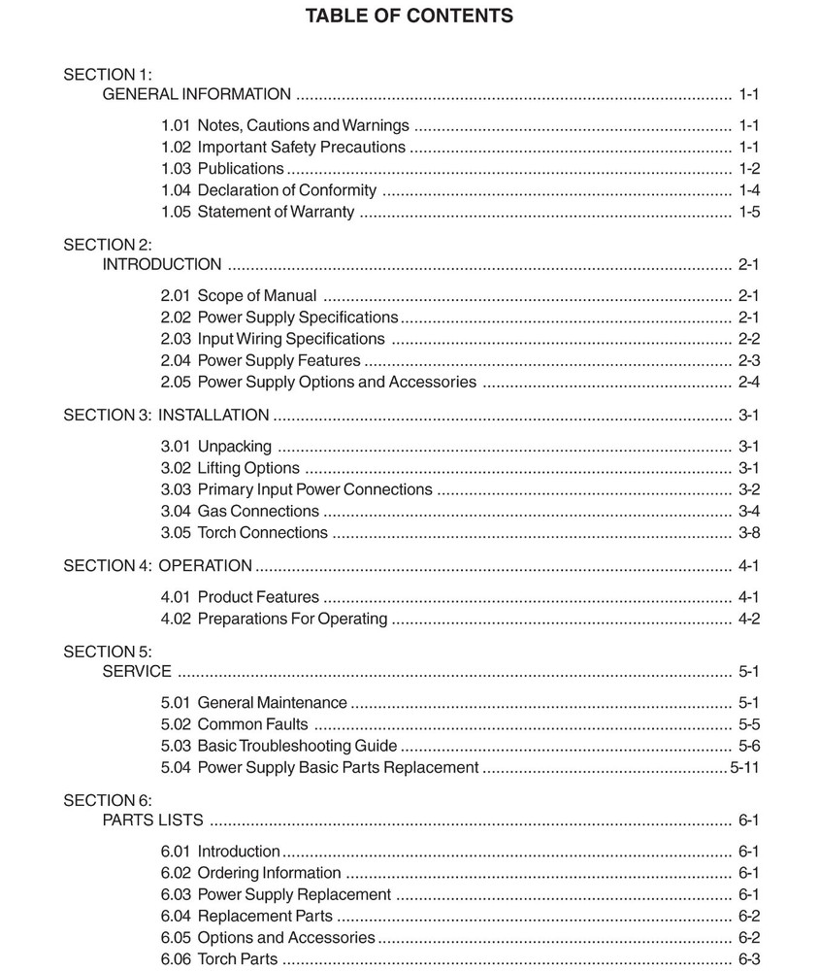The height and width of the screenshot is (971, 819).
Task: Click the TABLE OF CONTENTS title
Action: click(409, 16)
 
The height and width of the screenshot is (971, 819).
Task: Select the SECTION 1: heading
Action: click(108, 74)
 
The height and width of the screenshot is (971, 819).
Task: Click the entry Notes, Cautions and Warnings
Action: click(303, 125)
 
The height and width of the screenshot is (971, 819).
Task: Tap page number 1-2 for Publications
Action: click(748, 168)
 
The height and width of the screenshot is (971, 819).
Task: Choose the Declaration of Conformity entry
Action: click(287, 190)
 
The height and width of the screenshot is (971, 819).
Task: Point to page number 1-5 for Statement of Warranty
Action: click(748, 212)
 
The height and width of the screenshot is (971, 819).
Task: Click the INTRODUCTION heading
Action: click(162, 264)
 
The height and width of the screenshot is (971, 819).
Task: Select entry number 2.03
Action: click(176, 339)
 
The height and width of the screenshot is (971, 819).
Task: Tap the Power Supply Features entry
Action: click(278, 360)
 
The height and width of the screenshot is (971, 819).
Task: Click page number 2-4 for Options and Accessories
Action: click(748, 382)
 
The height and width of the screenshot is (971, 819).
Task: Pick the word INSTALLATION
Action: click(213, 415)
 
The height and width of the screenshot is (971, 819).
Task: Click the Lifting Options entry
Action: click(248, 468)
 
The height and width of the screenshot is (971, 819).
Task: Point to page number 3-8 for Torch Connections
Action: click(748, 532)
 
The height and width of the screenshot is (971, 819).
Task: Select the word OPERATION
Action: click(205, 565)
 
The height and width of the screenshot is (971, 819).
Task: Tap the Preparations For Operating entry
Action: click(292, 619)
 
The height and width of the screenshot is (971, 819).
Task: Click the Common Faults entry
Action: click(252, 723)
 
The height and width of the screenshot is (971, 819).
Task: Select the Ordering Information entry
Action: click(269, 873)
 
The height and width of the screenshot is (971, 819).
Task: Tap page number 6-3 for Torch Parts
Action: click(748, 959)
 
